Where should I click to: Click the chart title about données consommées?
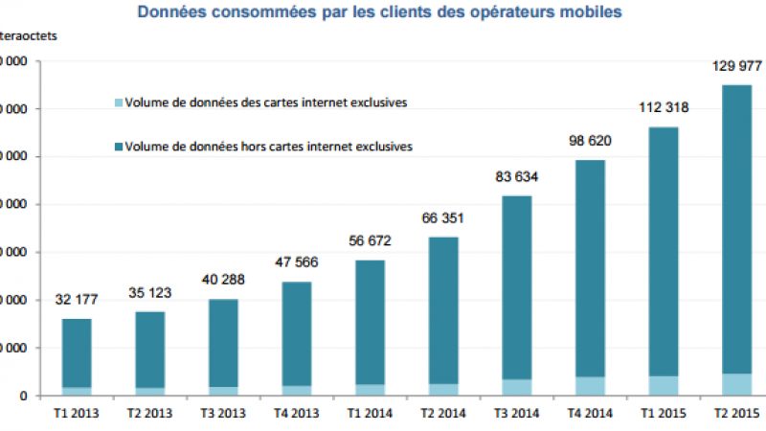tap(379, 12)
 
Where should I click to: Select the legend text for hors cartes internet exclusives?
tap(269, 147)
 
